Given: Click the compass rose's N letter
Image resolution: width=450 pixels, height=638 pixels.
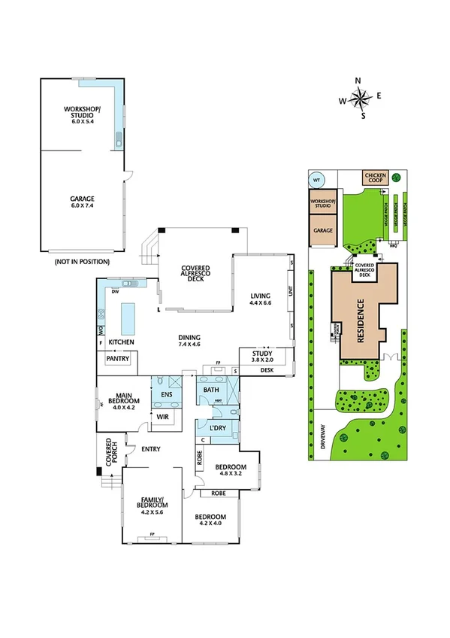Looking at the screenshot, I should (x=359, y=81).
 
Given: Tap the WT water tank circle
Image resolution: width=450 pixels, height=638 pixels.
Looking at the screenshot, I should (x=316, y=180).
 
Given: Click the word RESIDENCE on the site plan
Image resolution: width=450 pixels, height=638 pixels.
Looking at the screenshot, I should (x=361, y=321).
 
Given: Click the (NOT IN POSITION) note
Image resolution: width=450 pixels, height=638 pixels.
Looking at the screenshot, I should (x=82, y=261).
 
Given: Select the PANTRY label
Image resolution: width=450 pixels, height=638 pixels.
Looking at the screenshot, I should (x=118, y=359).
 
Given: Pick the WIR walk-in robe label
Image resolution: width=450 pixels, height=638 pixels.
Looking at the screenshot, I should (x=162, y=416).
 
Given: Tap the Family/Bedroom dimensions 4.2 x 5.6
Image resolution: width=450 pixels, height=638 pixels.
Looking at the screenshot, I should (x=152, y=512).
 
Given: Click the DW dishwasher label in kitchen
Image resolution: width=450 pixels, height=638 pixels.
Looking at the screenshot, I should (x=116, y=291).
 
